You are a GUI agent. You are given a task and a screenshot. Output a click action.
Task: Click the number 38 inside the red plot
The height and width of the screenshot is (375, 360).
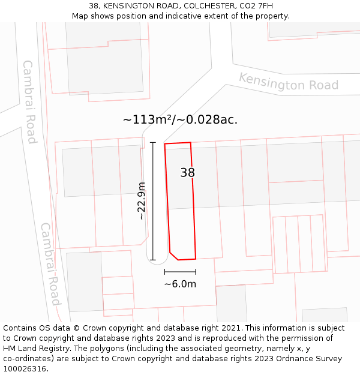188,173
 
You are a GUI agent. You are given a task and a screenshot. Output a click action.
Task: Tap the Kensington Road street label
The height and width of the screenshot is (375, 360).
289,82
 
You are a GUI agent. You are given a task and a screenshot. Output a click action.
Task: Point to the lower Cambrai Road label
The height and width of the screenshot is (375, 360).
50,264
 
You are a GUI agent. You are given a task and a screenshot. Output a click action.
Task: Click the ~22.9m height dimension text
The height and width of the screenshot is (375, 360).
142,201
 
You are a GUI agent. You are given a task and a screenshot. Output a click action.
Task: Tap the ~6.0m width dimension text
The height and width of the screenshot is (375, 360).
180,284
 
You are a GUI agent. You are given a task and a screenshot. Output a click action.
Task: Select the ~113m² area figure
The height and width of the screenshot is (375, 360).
146,119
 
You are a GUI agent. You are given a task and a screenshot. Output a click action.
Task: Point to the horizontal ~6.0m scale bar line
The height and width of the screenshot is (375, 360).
180,272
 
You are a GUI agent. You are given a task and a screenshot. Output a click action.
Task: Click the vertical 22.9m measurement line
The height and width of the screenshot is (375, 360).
153,201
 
